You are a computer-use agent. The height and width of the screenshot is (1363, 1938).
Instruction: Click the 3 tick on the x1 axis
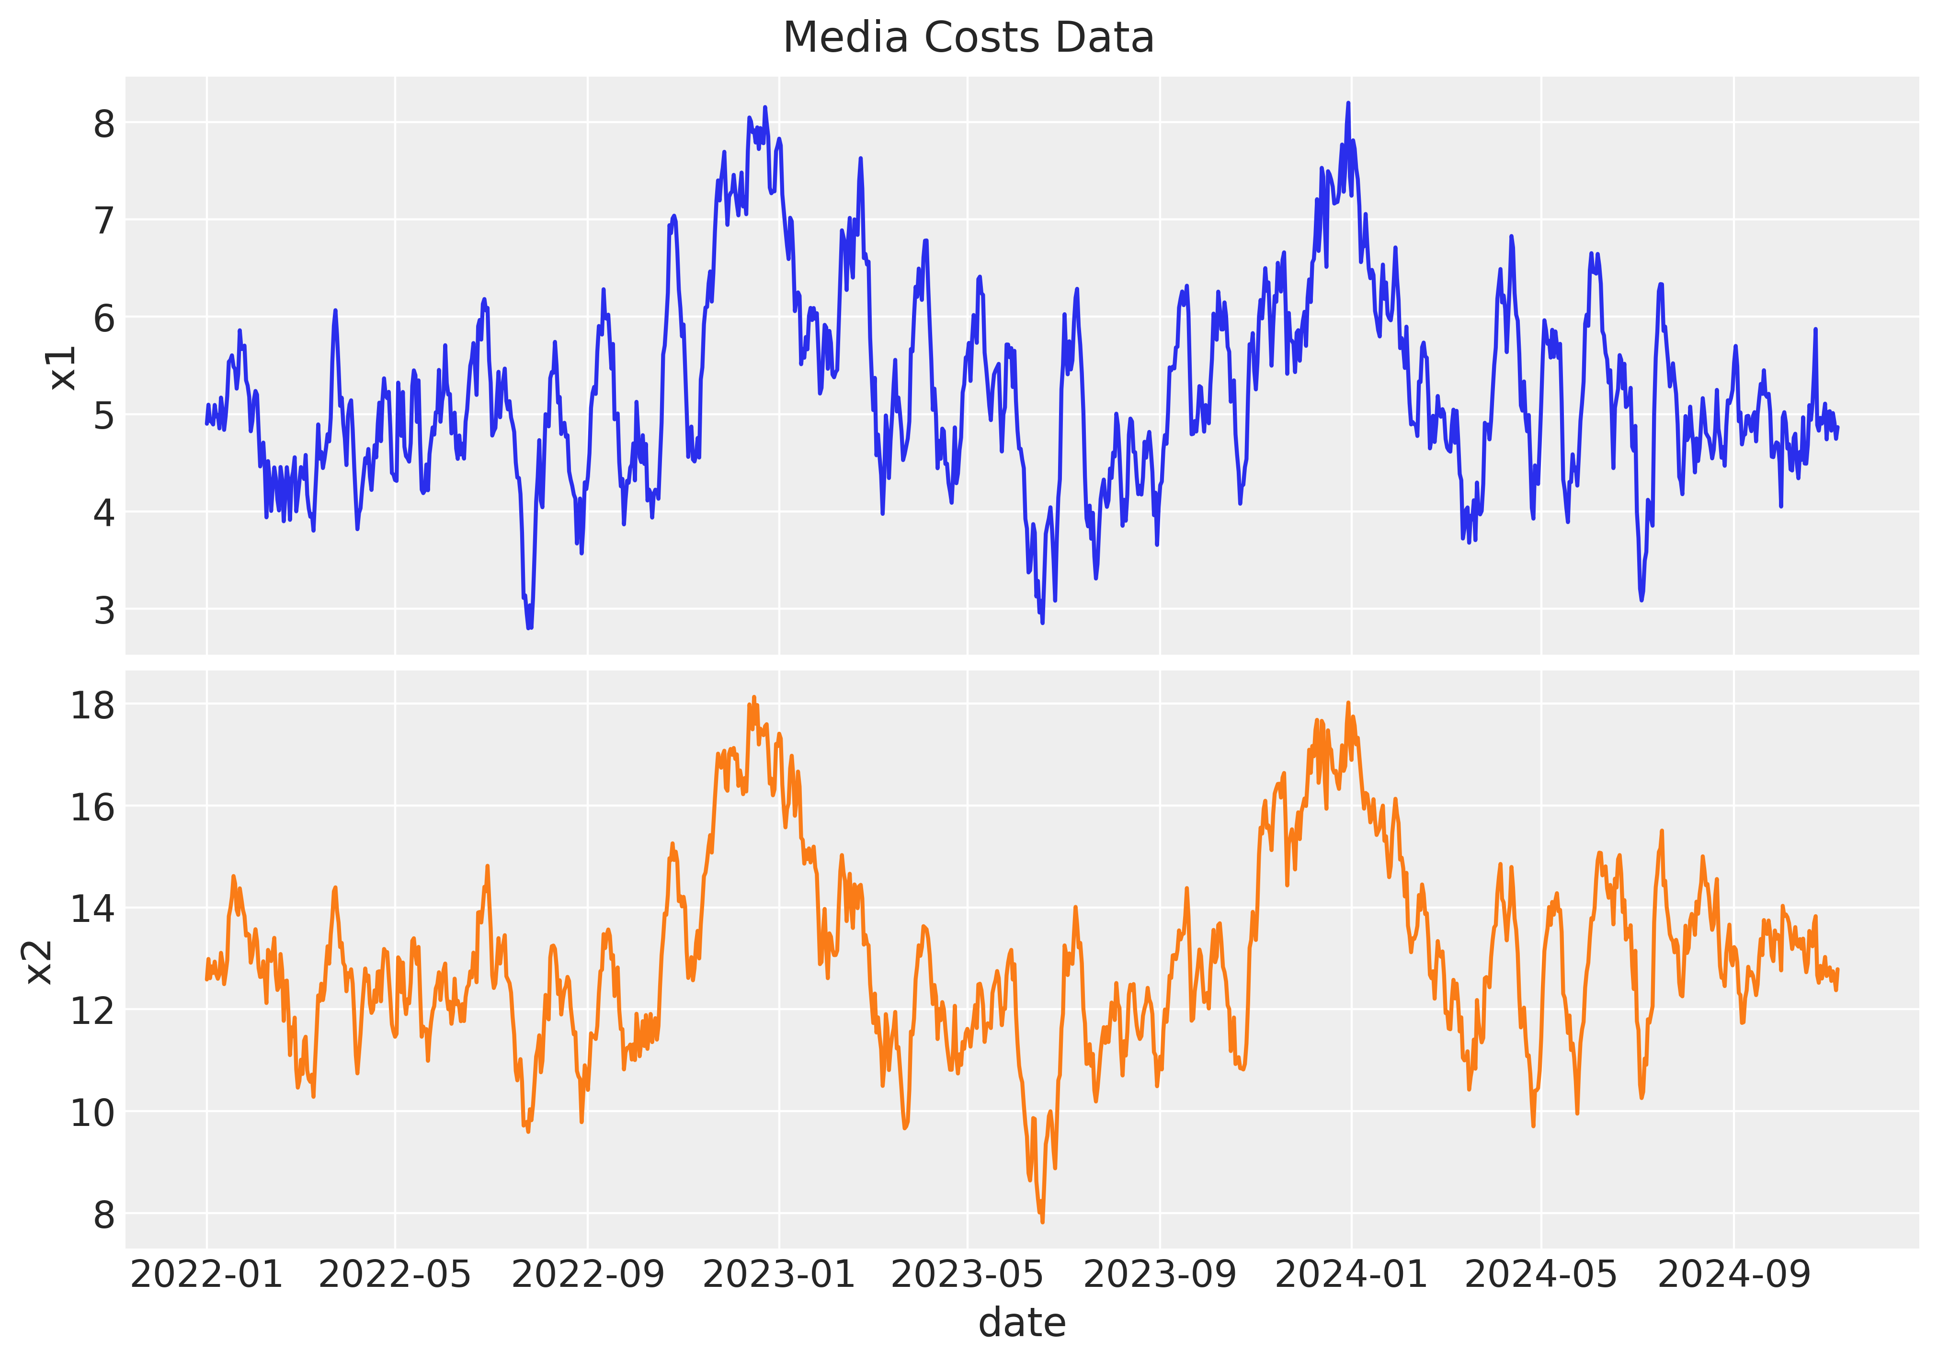[x=104, y=609]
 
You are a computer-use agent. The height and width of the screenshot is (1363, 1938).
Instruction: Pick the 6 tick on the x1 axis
[x=104, y=318]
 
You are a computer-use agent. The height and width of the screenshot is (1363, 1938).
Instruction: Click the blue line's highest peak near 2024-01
[x=1348, y=103]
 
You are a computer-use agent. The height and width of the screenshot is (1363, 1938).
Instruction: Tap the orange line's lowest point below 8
[x=1042, y=1221]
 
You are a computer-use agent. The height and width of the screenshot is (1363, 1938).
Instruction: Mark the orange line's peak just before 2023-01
[x=754, y=697]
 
